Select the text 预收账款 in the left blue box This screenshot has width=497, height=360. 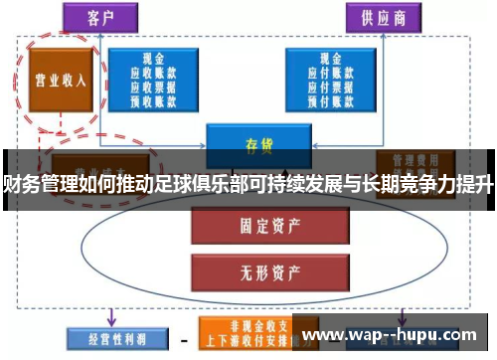[x=152, y=98]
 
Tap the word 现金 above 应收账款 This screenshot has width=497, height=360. [x=152, y=59]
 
